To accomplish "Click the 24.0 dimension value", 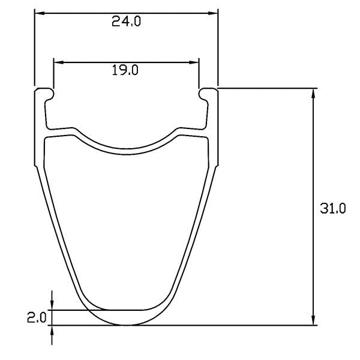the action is tap(126, 22).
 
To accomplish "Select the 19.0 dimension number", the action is tap(125, 70).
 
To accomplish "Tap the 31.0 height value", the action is tap(333, 209).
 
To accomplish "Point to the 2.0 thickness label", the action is tap(37, 318).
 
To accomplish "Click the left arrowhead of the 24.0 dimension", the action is tap(39, 13).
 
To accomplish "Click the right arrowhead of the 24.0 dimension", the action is tap(213, 13).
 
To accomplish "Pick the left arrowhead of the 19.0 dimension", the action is tap(59, 62).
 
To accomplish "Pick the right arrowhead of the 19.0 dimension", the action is tap(194, 62).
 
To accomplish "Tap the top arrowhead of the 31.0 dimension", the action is tap(313, 93).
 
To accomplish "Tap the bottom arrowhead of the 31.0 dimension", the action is tap(313, 320).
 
